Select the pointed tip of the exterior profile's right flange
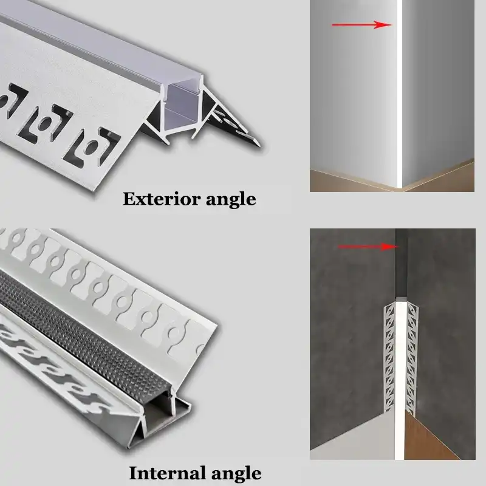pos(260,144)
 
